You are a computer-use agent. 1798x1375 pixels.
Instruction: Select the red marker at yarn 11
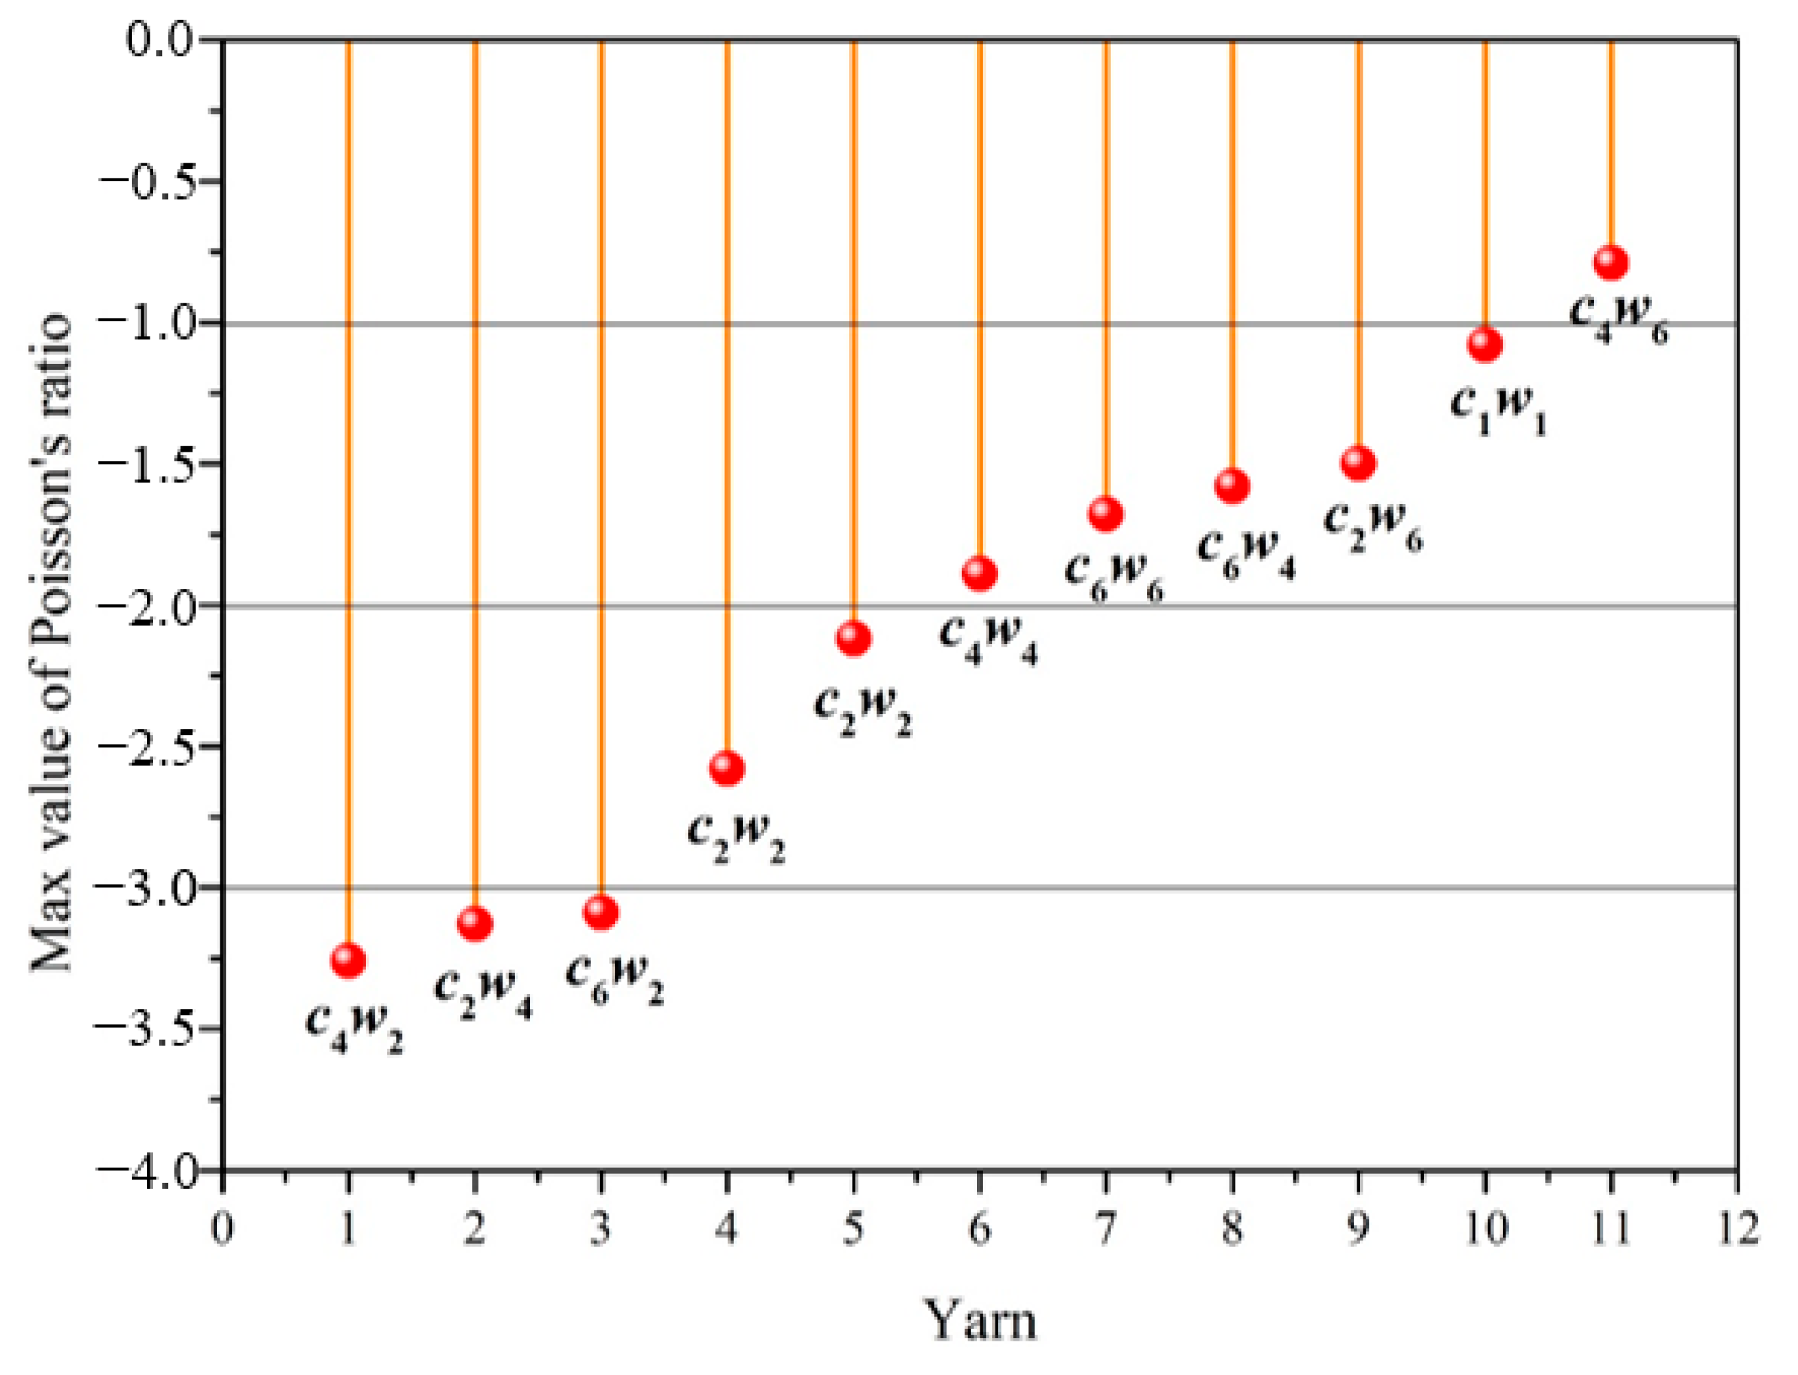pos(1610,263)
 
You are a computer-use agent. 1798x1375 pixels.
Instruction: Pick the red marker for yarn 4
pos(727,767)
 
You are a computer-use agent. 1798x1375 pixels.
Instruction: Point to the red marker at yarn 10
pos(1484,344)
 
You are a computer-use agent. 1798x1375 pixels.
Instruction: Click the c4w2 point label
pos(354,1027)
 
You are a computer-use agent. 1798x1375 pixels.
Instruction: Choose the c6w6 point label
pos(1114,577)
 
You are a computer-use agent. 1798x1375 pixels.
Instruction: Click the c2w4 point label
pos(483,993)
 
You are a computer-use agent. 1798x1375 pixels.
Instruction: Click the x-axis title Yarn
pos(980,1319)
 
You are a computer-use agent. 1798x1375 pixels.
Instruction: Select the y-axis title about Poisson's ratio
pos(51,643)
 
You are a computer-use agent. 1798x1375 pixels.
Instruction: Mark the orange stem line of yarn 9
pos(1358,246)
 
